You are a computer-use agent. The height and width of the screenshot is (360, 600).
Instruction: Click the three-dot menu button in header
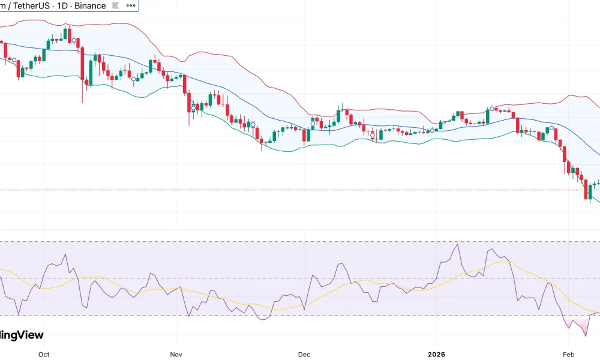[x=130, y=6]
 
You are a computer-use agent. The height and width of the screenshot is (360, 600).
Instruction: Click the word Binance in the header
[x=90, y=6]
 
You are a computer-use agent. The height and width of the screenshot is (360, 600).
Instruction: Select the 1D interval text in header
[x=64, y=6]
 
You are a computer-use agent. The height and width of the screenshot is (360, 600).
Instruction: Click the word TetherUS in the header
[x=29, y=6]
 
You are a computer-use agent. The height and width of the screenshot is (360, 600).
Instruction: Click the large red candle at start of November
[x=188, y=102]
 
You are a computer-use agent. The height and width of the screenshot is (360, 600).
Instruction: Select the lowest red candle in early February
[x=586, y=191]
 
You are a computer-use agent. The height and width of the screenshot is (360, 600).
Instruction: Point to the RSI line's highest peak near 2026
[x=458, y=244]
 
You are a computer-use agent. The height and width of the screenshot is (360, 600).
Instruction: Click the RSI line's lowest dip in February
[x=585, y=335]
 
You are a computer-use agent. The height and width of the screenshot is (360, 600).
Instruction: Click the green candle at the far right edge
[x=598, y=182]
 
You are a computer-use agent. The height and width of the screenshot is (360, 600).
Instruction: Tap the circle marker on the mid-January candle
[x=493, y=109]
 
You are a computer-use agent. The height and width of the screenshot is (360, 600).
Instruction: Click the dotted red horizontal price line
[x=300, y=190]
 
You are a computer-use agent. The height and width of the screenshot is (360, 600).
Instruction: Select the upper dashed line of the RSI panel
[x=300, y=242]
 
